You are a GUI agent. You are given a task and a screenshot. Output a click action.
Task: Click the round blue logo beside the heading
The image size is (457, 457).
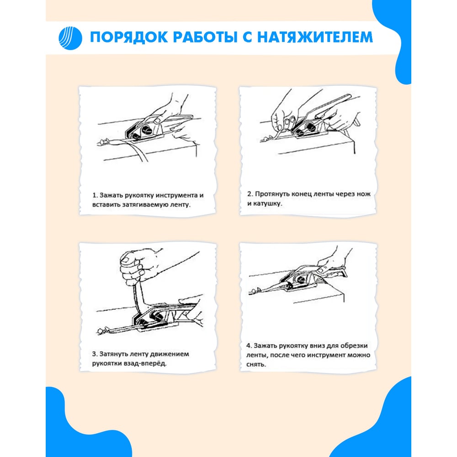pyautogui.click(x=70, y=38)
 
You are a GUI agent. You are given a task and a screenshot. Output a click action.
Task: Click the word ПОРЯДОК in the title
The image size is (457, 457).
pyautogui.click(x=128, y=37)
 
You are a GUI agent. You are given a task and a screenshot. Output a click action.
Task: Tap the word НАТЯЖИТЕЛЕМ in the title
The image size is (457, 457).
pyautogui.click(x=314, y=37)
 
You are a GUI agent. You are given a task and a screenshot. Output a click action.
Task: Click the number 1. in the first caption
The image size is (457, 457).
pyautogui.click(x=95, y=195)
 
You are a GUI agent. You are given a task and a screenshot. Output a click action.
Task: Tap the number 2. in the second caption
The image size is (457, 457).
pyautogui.click(x=250, y=194)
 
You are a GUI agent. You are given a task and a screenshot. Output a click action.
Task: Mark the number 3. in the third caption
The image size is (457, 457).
pyautogui.click(x=95, y=354)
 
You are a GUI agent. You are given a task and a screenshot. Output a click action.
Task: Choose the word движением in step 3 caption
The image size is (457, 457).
pyautogui.click(x=171, y=354)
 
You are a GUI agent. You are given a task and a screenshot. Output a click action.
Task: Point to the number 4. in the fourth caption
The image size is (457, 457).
pyautogui.click(x=249, y=345)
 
